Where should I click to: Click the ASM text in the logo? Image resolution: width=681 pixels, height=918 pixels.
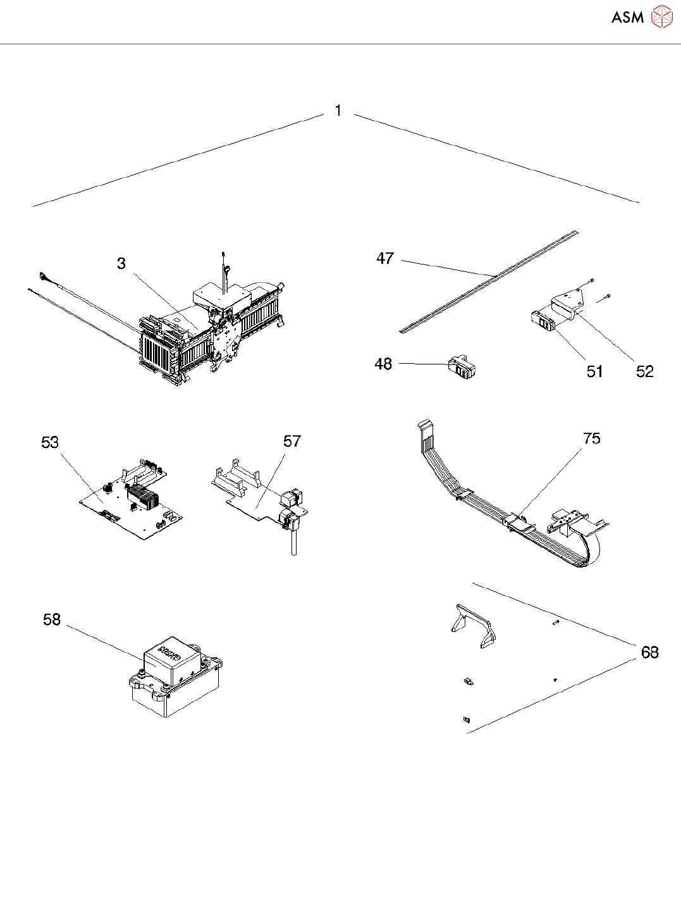coord(627,18)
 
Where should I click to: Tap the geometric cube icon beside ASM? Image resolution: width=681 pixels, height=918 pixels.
coord(661,17)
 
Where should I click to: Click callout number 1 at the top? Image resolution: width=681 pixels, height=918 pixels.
coord(338,111)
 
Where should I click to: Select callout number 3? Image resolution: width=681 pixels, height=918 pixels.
coord(121,263)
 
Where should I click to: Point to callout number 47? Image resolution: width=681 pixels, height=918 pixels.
coord(385,258)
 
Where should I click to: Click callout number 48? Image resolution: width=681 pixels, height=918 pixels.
coord(383,364)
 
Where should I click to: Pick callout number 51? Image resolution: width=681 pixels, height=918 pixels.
coord(594,371)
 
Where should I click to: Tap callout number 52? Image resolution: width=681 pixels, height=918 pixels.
coord(644,371)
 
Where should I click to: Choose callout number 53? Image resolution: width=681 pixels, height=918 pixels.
coord(50,442)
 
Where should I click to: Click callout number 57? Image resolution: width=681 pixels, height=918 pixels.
coord(292,441)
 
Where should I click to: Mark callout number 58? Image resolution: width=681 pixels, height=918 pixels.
coord(52,619)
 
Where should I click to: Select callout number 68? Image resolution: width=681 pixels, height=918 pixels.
coord(650,652)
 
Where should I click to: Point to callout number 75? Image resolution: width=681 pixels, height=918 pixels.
coord(592,438)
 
